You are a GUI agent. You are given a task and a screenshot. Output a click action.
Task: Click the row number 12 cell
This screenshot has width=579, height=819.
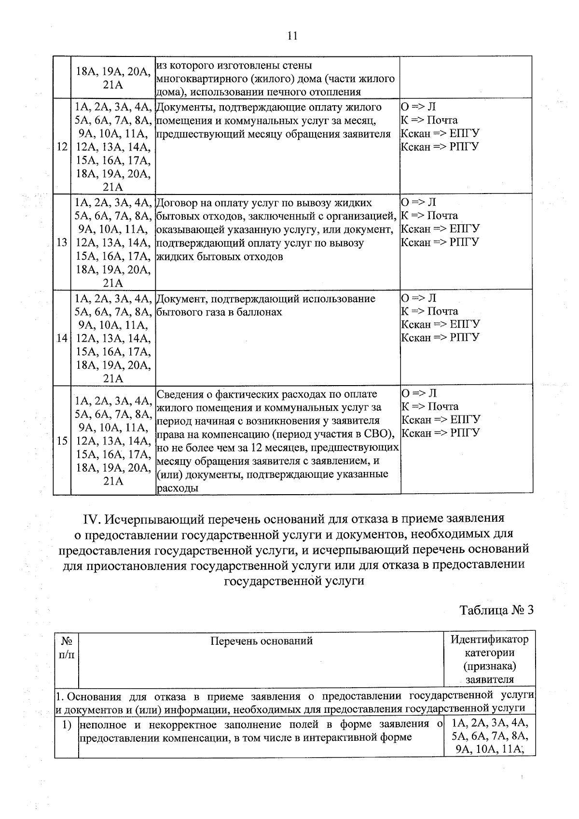pyautogui.click(x=62, y=147)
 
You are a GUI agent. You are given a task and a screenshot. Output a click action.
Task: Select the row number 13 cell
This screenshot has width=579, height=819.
pyautogui.click(x=62, y=242)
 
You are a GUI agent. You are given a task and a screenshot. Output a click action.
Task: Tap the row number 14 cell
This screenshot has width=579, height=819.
pyautogui.click(x=62, y=338)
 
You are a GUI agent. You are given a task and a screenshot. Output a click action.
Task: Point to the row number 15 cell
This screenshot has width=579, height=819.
pyautogui.click(x=62, y=441)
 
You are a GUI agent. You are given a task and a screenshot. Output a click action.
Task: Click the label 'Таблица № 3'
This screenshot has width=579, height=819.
pyautogui.click(x=496, y=610)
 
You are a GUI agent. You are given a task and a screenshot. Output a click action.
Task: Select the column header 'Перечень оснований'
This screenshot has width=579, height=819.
pyautogui.click(x=262, y=641)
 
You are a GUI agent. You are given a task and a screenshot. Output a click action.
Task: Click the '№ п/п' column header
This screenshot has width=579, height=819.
pyautogui.click(x=67, y=648)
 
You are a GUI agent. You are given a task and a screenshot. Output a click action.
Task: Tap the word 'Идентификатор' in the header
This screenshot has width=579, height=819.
pyautogui.click(x=489, y=639)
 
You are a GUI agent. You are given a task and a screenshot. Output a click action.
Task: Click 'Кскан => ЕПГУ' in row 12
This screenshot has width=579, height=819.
pyautogui.click(x=440, y=133)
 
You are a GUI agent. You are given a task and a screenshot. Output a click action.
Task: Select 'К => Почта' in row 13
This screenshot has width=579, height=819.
pyautogui.click(x=429, y=216)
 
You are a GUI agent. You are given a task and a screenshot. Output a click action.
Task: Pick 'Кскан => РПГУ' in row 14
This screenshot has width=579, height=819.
pyautogui.click(x=440, y=337)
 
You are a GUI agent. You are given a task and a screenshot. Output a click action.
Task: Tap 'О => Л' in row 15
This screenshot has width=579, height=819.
pyautogui.click(x=418, y=393)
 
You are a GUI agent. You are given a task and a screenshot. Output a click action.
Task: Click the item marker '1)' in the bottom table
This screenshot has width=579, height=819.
pyautogui.click(x=67, y=725)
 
